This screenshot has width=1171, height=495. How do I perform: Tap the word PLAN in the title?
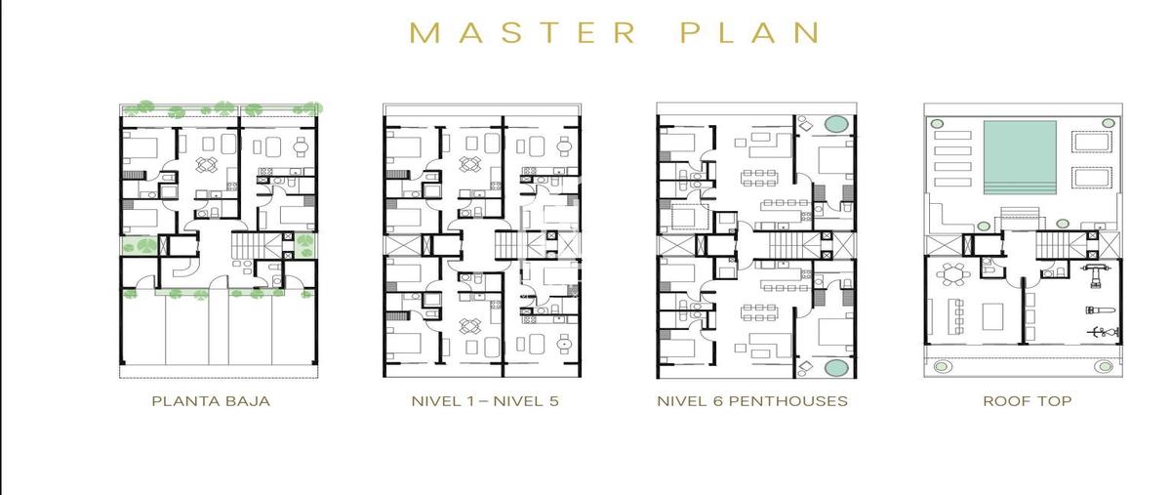coord(750,32)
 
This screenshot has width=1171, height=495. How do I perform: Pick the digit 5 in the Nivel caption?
coord(553,401)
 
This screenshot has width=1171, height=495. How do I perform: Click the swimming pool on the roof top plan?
coord(1020,157)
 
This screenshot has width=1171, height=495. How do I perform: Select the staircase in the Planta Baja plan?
coord(249,245)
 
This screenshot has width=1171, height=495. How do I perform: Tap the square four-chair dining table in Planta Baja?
coord(207,164)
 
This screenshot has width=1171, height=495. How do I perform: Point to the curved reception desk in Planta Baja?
coord(184,268)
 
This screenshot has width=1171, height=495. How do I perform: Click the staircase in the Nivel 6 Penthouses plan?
coord(786,245)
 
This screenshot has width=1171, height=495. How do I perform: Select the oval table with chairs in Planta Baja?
coord(301,146)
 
